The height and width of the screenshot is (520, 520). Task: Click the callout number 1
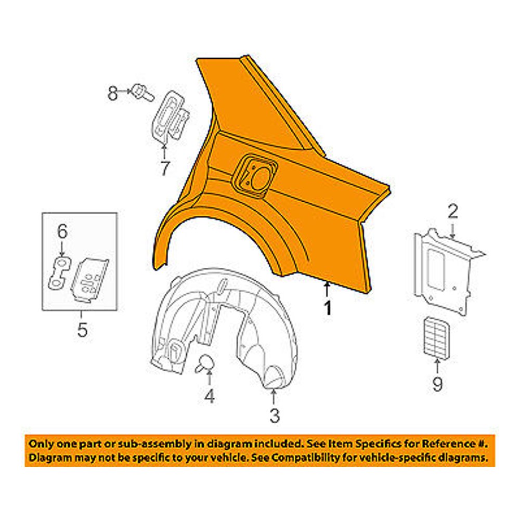[x=328, y=308]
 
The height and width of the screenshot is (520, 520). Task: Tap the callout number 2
[x=453, y=211]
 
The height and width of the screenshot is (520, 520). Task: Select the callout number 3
[x=275, y=415]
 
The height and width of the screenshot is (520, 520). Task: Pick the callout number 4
[x=209, y=396]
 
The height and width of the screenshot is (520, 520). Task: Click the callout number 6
[x=62, y=231]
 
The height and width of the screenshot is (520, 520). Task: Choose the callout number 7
[x=165, y=168]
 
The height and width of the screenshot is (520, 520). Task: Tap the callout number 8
[x=113, y=93]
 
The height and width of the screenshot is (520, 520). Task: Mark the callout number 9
[x=437, y=384]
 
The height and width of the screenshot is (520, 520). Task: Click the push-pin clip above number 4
[x=204, y=363]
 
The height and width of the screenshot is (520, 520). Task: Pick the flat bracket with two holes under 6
[x=60, y=272]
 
